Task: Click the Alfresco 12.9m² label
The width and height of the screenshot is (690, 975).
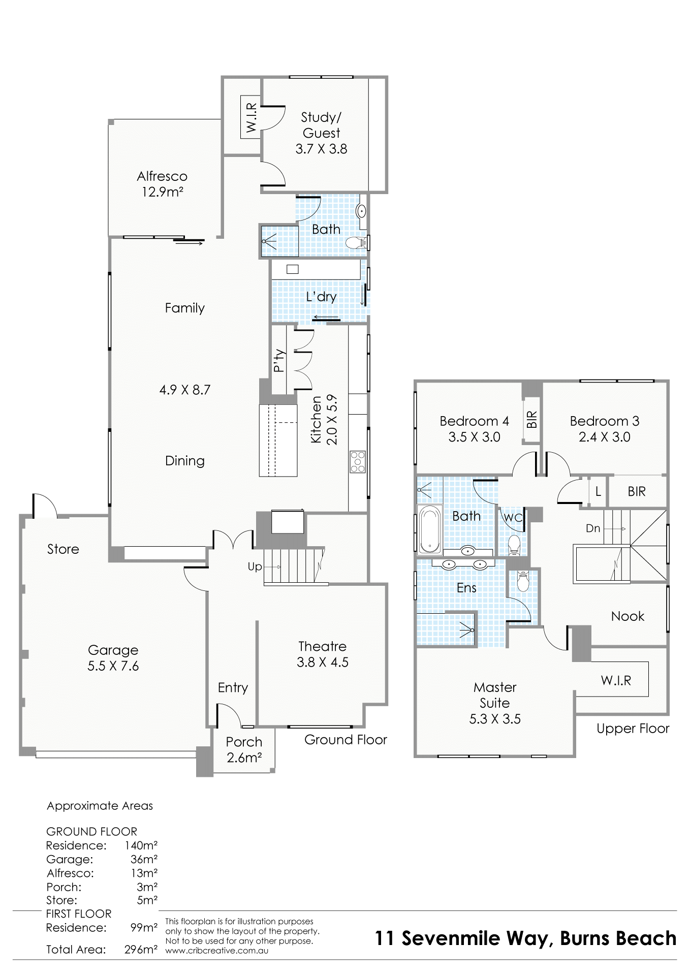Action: [162, 184]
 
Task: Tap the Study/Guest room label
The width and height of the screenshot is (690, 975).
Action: [321, 133]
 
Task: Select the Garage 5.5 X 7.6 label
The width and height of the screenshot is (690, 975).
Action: [113, 658]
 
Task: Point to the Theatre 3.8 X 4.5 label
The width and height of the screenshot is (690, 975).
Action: [323, 654]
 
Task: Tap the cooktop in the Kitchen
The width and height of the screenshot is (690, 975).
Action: [358, 462]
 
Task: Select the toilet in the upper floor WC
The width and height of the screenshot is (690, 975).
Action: [514, 544]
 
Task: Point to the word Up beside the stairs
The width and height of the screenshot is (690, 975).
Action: [255, 567]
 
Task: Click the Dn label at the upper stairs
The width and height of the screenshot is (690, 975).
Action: [593, 528]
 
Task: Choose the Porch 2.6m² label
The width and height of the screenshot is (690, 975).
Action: [244, 750]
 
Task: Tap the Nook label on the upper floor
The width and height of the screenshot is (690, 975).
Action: [628, 616]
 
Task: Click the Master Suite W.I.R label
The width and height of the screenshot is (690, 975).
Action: [616, 681]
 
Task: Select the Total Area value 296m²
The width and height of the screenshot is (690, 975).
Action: [141, 949]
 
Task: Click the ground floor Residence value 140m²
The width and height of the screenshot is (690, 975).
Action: [141, 845]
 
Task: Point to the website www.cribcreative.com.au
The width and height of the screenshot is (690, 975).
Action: [217, 951]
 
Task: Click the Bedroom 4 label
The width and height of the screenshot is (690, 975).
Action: [474, 421]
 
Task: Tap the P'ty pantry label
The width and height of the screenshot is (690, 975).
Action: [279, 361]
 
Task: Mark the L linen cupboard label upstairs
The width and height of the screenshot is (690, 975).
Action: [598, 492]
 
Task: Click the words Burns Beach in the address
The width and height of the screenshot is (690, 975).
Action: [618, 938]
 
